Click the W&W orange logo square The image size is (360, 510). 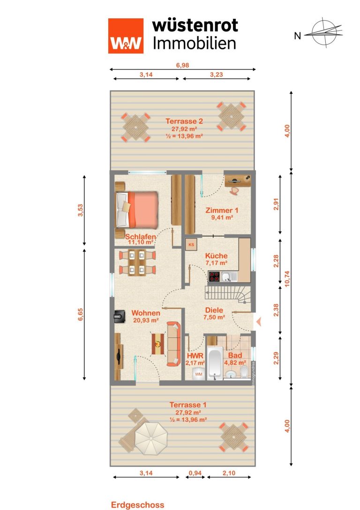click(126, 36)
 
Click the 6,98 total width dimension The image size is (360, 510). click(183, 65)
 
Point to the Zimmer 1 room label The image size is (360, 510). click(222, 210)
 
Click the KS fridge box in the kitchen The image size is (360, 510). click(191, 244)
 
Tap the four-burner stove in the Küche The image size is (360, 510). click(214, 276)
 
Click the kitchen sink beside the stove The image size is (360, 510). click(229, 277)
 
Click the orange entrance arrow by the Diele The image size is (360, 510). click(259, 322)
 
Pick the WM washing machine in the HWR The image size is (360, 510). click(199, 374)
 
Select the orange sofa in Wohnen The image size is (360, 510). click(173, 344)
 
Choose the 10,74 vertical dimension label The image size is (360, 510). click(287, 278)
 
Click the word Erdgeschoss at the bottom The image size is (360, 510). click(137, 505)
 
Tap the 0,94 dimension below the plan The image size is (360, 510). click(195, 473)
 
